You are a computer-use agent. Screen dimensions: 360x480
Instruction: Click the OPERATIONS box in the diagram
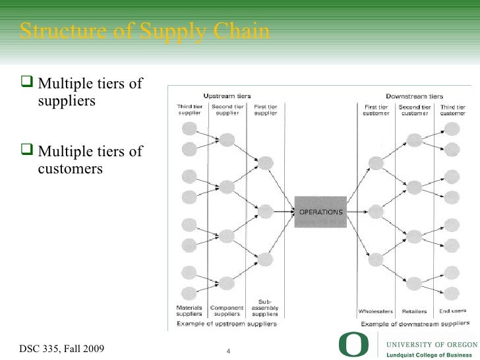(x=320, y=212)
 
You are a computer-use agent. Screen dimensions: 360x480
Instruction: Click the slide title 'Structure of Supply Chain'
(x=144, y=31)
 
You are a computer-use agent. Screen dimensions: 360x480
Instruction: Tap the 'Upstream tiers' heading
(x=227, y=96)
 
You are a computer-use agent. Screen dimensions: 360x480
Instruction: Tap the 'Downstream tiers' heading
(x=414, y=96)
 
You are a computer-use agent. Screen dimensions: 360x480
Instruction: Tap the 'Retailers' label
(x=414, y=311)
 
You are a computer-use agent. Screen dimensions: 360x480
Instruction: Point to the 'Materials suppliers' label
(x=189, y=311)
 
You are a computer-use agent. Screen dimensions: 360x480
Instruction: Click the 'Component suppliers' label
(x=227, y=311)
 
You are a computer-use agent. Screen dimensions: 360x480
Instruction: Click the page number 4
(x=227, y=349)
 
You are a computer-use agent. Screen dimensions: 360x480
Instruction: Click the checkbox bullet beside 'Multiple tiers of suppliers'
(x=28, y=84)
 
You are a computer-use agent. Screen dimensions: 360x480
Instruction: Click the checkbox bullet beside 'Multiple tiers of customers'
(x=28, y=151)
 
